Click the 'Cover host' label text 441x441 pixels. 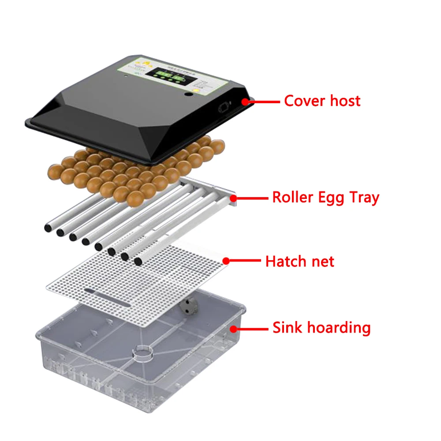coord(322,101)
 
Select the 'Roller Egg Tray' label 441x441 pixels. coord(325,198)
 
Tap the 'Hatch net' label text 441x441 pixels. coord(299,262)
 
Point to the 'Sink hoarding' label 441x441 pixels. coord(321,328)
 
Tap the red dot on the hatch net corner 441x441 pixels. coord(226,261)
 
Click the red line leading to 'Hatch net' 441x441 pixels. coord(245,261)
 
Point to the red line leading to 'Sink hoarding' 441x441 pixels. coord(251,329)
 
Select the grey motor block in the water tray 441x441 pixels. coord(189,305)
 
